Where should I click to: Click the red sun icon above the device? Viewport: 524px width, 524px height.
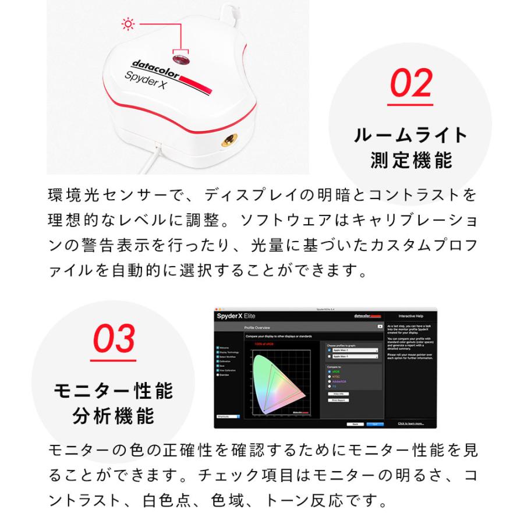[126, 24]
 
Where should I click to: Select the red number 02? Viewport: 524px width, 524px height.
[411, 84]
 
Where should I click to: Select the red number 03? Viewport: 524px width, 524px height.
[115, 339]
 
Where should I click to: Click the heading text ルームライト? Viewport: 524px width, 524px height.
[411, 136]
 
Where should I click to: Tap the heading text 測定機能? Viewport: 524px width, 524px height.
[411, 160]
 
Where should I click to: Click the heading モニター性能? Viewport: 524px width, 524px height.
[114, 391]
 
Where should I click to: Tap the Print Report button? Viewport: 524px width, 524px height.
[338, 400]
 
